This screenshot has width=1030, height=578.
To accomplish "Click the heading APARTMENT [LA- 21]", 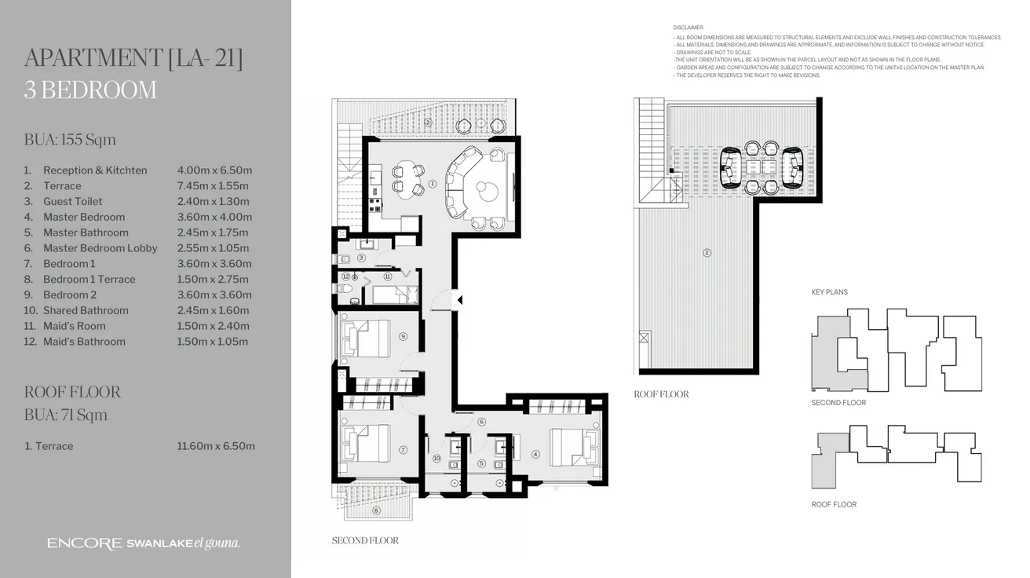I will click(133, 58).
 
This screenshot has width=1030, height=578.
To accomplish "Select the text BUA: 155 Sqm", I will click(70, 140).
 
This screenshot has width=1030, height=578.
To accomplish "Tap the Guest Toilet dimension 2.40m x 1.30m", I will click(213, 201).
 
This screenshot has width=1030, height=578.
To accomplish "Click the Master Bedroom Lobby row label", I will click(100, 248).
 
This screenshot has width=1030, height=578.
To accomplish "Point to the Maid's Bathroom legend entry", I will click(84, 342).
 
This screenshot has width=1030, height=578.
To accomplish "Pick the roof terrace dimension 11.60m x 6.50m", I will click(216, 446).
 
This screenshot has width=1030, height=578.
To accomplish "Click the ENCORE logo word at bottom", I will click(84, 543).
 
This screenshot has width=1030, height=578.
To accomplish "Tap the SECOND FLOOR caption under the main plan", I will click(365, 540).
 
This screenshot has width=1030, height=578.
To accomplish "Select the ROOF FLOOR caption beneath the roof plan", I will click(661, 394).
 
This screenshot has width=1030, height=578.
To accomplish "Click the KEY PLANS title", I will click(829, 292).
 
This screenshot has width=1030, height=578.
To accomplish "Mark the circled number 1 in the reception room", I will click(433, 186).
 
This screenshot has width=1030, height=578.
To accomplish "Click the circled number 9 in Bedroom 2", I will click(403, 336).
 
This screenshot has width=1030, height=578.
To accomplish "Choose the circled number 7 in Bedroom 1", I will click(403, 450).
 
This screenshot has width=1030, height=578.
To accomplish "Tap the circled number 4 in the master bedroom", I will click(535, 453).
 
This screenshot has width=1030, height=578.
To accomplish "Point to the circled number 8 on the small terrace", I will click(376, 510).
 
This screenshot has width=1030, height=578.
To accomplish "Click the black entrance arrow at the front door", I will click(460, 299).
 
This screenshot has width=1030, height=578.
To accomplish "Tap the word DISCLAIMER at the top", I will click(688, 27).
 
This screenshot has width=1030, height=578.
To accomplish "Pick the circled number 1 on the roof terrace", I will click(707, 253).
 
